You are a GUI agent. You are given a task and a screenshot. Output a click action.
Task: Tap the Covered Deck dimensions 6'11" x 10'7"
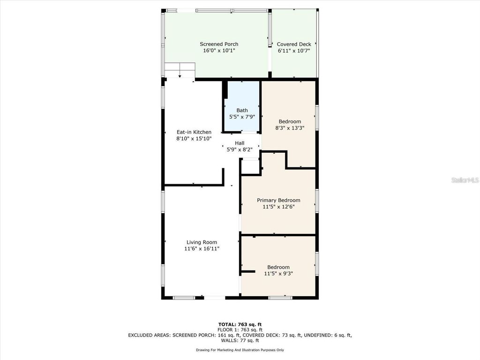(294, 51)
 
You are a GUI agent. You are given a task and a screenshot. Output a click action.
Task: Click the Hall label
(240, 143)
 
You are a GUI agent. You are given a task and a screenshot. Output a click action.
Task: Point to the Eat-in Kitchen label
(194, 132)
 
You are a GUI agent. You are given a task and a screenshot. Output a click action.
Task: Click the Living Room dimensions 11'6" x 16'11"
(202, 249)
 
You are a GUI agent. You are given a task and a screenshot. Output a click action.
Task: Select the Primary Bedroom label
(278, 200)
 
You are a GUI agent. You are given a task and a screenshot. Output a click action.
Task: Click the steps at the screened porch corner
(180, 70)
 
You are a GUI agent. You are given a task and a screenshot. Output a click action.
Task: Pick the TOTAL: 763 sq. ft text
(240, 324)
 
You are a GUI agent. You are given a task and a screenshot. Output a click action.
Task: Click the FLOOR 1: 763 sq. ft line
(240, 330)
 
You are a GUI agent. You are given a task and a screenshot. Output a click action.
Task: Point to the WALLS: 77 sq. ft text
(240, 340)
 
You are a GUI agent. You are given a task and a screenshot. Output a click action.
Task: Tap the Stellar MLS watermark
(465, 180)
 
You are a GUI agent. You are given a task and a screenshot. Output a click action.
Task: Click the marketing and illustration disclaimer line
(240, 350)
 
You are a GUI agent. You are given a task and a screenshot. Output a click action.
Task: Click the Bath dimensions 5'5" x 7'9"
(242, 117)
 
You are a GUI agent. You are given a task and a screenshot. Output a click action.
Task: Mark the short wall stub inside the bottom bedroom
(248, 271)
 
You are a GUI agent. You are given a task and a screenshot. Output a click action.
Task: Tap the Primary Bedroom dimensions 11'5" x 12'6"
(278, 206)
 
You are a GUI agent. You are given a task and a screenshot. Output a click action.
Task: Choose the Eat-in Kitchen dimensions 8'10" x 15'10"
(194, 138)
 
